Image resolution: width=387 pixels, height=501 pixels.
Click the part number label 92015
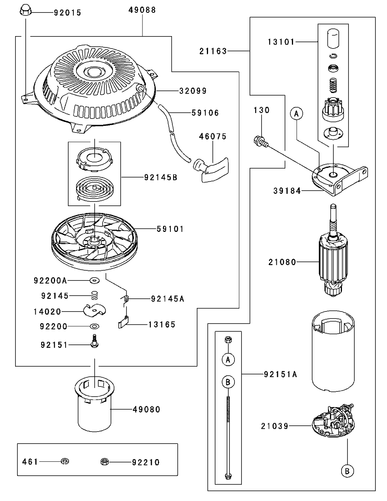68,13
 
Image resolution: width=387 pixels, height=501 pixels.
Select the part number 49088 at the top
142,10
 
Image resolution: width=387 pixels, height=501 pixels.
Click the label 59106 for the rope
205,113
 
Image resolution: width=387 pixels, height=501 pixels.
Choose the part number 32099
193,91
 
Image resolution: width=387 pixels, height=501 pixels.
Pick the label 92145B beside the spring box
161,177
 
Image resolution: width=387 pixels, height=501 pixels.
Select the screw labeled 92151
94,342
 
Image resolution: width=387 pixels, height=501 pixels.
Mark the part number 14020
47,311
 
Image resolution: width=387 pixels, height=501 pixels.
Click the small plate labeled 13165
123,324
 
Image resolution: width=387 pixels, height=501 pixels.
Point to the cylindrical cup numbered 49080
95,408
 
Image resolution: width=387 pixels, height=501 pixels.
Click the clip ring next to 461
65,461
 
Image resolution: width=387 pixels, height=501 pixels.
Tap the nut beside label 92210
104,462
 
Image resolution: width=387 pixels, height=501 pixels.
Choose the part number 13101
281,42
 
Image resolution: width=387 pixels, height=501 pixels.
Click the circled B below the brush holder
347,471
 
